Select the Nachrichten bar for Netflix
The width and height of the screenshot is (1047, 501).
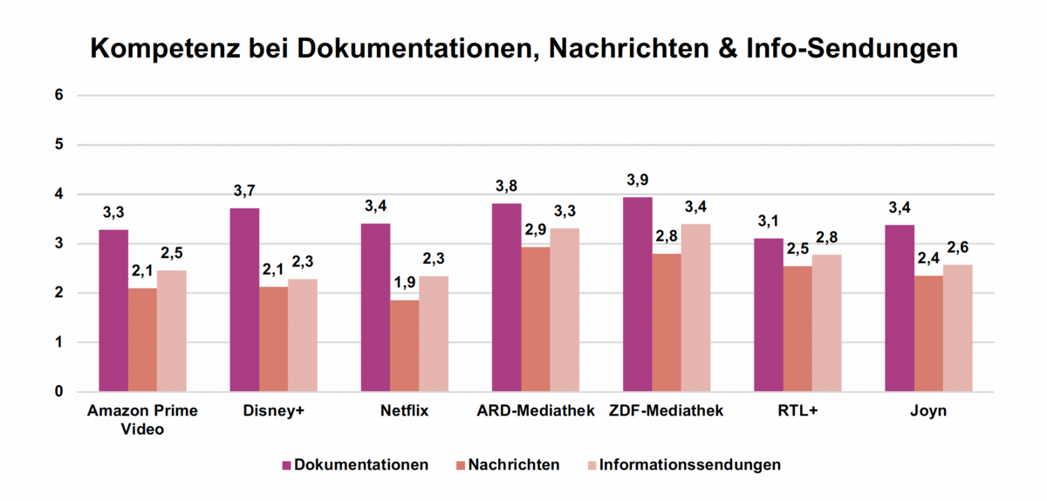click(x=405, y=346)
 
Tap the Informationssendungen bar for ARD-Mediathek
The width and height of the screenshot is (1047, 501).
click(x=565, y=309)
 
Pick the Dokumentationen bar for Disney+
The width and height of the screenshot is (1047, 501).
click(x=244, y=300)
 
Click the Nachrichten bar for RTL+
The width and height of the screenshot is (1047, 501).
click(x=797, y=328)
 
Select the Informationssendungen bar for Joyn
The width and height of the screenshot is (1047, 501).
click(x=958, y=328)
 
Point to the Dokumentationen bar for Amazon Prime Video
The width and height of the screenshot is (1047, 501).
click(x=113, y=310)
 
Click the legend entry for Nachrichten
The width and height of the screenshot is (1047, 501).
click(x=507, y=464)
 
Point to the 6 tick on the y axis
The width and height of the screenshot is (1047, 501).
click(x=58, y=95)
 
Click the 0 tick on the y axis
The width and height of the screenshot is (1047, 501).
click(x=58, y=392)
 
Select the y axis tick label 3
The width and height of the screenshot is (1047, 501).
click(x=58, y=244)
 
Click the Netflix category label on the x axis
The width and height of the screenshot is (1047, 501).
click(x=404, y=411)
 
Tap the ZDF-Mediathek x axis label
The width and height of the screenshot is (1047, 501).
click(x=667, y=411)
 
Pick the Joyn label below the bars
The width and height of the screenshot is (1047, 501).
click(x=928, y=411)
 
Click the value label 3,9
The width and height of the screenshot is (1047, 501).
click(x=638, y=180)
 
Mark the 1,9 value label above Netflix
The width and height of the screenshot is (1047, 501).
click(x=405, y=283)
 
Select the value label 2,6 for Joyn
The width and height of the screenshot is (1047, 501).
click(x=958, y=247)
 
